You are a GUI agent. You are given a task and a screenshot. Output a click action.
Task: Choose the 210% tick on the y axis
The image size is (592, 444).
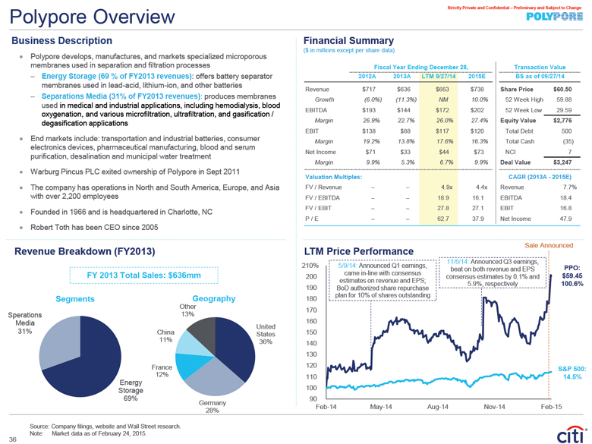coord(310,265)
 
